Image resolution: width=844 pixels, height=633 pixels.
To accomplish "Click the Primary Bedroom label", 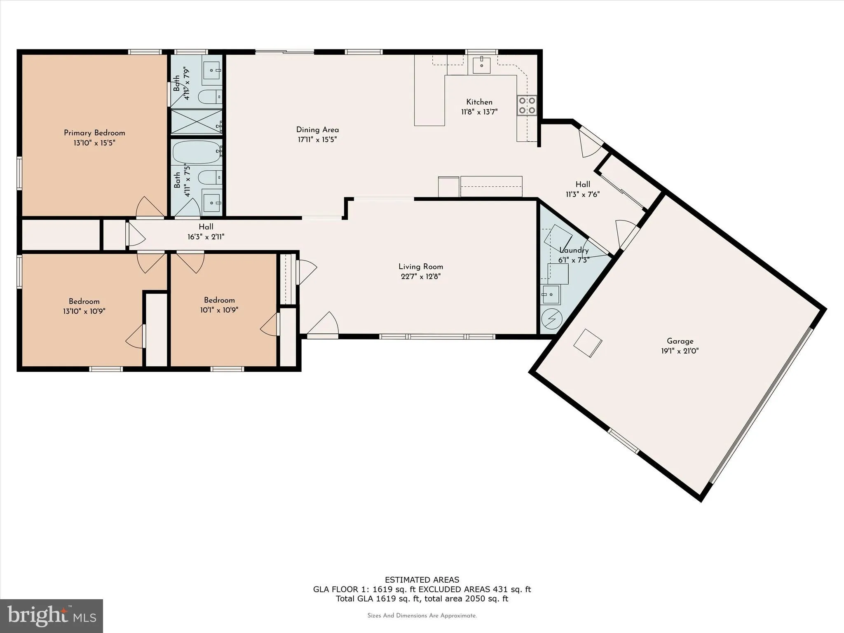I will point(94,133).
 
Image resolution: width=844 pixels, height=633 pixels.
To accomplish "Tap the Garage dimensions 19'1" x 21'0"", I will point(680,351).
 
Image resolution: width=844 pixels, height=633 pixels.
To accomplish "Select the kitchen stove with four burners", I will point(527,105).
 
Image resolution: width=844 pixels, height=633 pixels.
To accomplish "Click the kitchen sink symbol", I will point(481,65).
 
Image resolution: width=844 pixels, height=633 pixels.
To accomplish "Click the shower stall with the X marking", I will point(197,122).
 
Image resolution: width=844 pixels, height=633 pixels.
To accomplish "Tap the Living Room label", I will point(420,267).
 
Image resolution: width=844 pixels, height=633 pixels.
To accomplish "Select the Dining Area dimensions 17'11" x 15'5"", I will point(317,140).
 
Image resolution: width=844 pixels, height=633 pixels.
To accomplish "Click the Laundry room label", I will point(574,250).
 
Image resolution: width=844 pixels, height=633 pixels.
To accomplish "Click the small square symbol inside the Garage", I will point(588,343).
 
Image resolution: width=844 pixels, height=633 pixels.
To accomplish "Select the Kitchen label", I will point(479,102).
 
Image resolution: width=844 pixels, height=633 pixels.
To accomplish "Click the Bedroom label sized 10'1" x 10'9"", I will point(219,300).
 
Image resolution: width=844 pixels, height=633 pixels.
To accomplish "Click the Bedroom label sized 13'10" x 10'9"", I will point(84,301).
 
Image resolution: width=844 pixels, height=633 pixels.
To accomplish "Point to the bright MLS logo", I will point(52,616).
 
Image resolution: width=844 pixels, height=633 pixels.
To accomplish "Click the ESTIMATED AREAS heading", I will point(422,580).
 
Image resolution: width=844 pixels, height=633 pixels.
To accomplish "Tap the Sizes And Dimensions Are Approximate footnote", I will point(422,616).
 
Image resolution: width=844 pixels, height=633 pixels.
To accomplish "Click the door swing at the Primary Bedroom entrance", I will point(149,207).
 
